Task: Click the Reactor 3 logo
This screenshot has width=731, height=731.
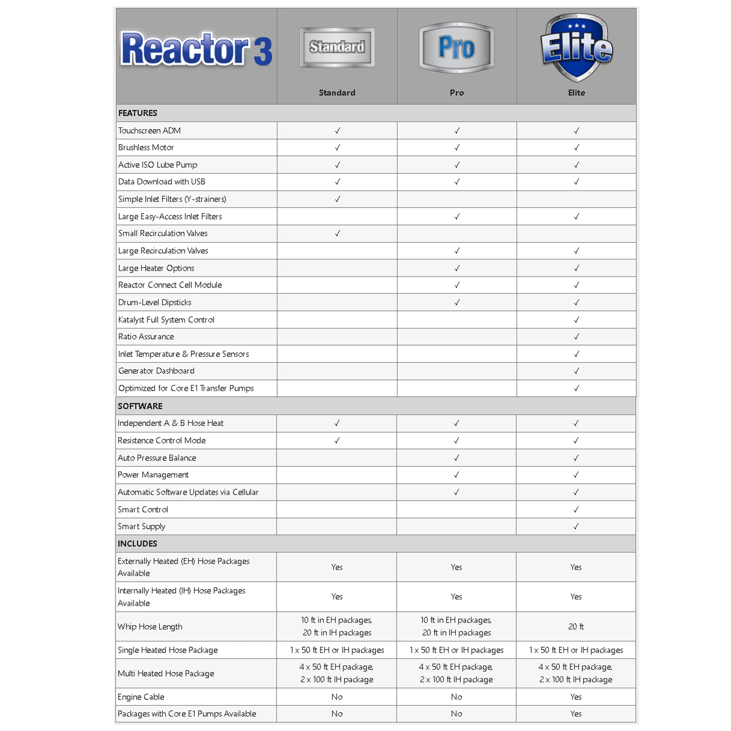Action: (196, 49)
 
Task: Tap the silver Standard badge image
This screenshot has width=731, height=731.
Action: (337, 47)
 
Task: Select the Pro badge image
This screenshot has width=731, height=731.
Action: (457, 47)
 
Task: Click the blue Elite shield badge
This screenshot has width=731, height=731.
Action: (576, 47)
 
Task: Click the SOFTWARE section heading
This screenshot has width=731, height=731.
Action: (140, 406)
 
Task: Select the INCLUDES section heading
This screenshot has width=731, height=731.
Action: (137, 544)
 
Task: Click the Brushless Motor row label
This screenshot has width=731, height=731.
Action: (146, 148)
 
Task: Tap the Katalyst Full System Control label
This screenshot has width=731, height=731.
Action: (166, 320)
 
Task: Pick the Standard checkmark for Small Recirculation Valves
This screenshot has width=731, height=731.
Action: (337, 234)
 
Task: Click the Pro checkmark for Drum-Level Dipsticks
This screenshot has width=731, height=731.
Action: (457, 302)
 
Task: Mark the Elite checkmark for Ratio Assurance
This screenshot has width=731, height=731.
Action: (576, 337)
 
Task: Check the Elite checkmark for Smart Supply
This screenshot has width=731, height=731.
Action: (576, 526)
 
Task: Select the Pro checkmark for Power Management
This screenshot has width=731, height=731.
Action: (456, 475)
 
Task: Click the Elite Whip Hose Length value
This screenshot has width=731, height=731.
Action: (576, 626)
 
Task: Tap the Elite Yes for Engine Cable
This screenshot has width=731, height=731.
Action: (576, 697)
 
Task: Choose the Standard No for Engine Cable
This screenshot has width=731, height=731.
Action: (337, 697)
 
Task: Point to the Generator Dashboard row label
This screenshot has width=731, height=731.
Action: (156, 371)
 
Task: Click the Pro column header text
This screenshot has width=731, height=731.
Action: (457, 93)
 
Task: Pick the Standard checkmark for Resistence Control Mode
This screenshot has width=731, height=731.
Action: (337, 440)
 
